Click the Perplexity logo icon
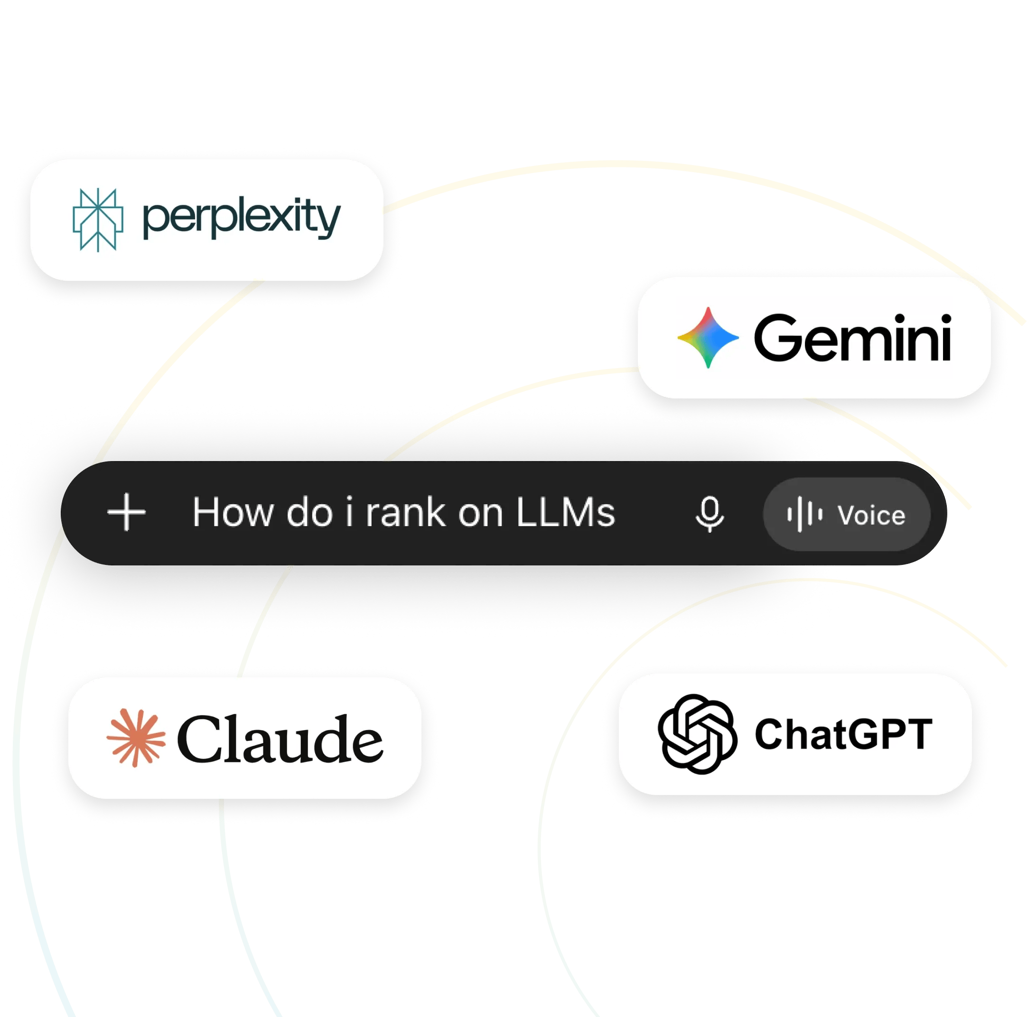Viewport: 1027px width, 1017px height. (98, 220)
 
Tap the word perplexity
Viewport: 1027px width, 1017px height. (242, 218)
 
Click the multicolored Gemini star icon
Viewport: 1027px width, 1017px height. (708, 337)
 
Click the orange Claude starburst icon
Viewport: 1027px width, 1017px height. (136, 738)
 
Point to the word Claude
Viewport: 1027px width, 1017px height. (280, 739)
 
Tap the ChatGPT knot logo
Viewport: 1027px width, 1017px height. (698, 734)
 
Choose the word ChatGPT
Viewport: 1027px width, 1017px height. (844, 734)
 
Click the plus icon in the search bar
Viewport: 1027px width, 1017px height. (127, 512)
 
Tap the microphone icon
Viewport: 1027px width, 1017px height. (710, 514)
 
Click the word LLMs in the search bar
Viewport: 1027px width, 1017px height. (566, 513)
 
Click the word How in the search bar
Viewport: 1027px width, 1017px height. (233, 513)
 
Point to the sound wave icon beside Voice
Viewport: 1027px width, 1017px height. (805, 514)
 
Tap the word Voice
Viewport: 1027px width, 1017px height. (872, 515)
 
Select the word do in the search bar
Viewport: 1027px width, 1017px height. (309, 513)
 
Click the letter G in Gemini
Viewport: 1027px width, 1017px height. (778, 337)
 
